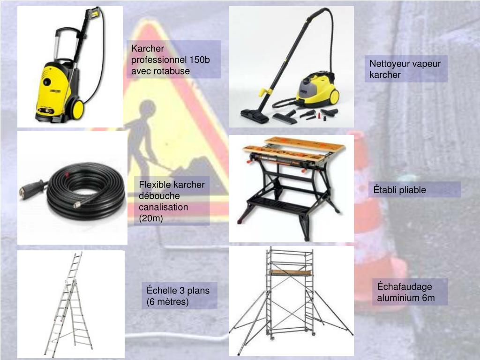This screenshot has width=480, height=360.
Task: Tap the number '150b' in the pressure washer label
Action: [x=200, y=60]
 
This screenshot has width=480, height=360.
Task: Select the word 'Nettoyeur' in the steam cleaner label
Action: [x=389, y=64]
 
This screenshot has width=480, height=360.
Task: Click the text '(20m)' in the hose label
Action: [x=150, y=218]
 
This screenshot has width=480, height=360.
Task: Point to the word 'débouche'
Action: [x=159, y=196]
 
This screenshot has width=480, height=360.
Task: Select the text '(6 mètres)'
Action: [x=167, y=302]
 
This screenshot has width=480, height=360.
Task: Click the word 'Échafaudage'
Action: [x=405, y=286]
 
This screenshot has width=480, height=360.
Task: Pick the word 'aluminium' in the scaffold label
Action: [x=396, y=298]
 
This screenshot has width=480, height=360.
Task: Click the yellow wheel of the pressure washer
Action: [x=77, y=109]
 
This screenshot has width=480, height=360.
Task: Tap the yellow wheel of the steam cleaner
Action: [x=334, y=97]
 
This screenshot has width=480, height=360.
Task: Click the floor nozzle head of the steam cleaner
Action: [x=255, y=116]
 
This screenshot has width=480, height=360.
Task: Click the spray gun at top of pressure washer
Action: [x=93, y=13]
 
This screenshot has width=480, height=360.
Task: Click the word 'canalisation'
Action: [x=164, y=207]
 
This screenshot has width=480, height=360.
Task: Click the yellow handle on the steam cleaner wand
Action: [x=265, y=91]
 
